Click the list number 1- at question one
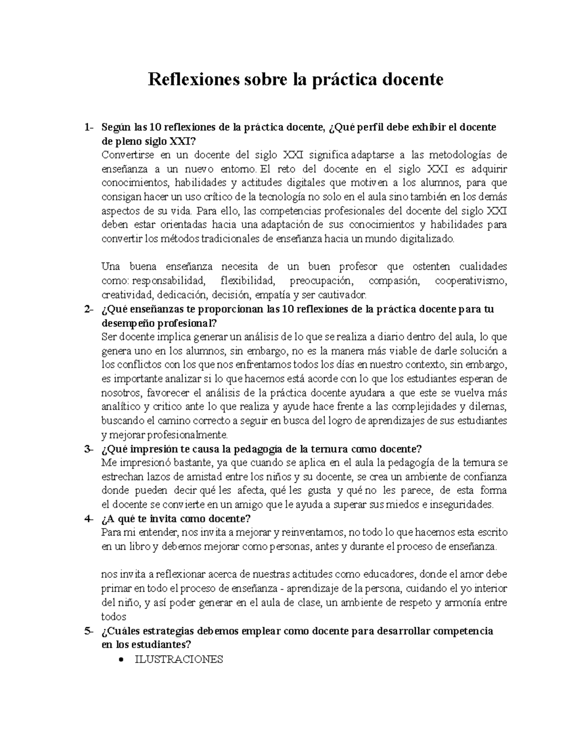coord(88,127)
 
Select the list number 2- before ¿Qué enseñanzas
coord(88,309)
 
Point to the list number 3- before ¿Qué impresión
coord(88,449)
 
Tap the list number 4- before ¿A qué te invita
coord(88,519)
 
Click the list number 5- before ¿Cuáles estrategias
coord(88,631)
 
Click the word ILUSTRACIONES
coord(179,659)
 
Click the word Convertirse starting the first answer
coord(126,155)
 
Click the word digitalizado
coord(428,239)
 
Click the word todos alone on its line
coord(114,617)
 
